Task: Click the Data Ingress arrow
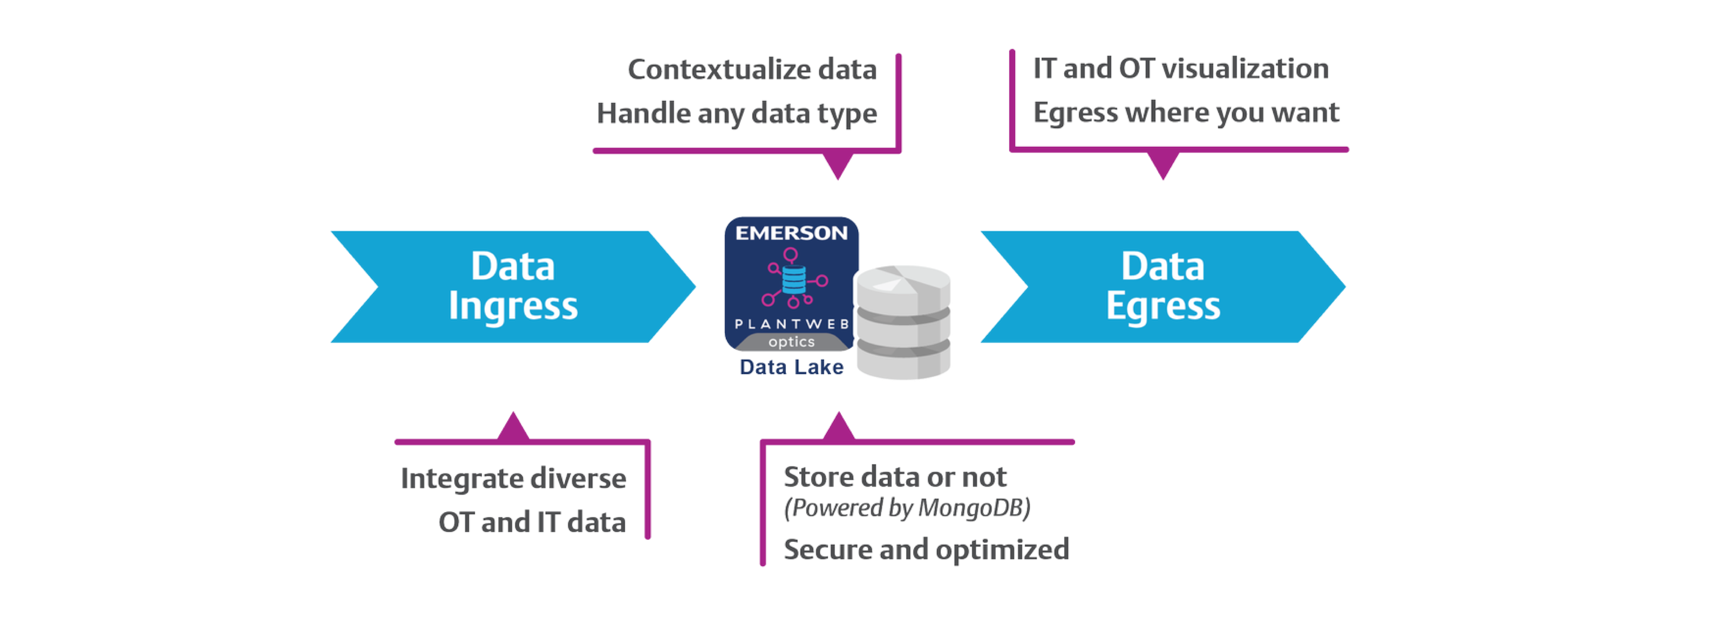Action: click(x=513, y=287)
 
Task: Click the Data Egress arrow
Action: click(x=1162, y=287)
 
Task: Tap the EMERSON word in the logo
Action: click(x=791, y=233)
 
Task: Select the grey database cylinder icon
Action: click(x=905, y=321)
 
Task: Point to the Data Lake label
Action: click(x=791, y=367)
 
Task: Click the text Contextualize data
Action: click(x=752, y=70)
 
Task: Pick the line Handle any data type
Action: click(x=737, y=113)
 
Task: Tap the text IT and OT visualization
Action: click(x=1181, y=68)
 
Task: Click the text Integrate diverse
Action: click(x=514, y=478)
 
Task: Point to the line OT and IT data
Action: click(x=532, y=522)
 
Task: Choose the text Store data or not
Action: click(x=894, y=477)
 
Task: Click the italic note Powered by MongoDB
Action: click(x=907, y=508)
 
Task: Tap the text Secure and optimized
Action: click(x=926, y=549)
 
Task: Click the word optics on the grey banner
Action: click(x=791, y=342)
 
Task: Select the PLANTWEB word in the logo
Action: click(x=791, y=324)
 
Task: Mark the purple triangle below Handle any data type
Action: click(x=838, y=167)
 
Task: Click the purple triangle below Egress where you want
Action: click(x=1163, y=167)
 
